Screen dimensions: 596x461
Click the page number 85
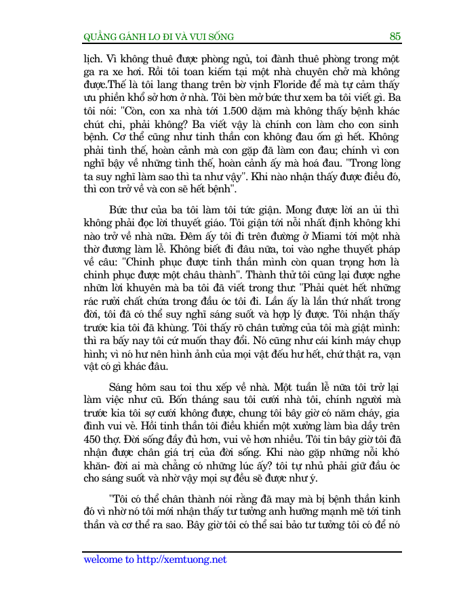point(395,36)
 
